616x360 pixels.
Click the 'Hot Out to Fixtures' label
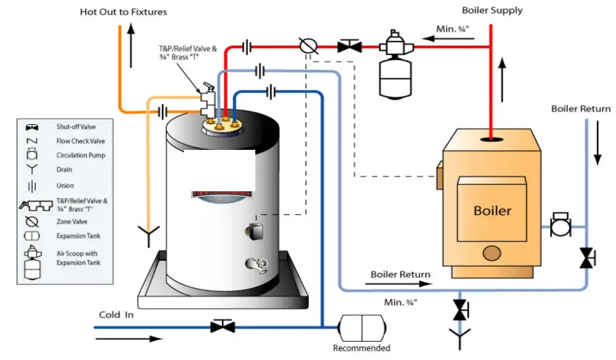tap(123, 12)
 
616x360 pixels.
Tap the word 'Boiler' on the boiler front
tap(492, 211)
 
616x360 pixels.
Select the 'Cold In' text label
tap(116, 315)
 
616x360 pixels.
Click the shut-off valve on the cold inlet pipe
tap(222, 326)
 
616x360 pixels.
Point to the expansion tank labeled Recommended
tap(362, 328)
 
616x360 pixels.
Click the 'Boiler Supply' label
tap(492, 10)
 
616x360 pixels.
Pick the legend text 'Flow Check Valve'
tap(80, 141)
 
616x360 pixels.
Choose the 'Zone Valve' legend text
tap(71, 222)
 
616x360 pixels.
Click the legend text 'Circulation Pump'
tap(80, 155)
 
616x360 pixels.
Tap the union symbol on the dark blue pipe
tap(271, 92)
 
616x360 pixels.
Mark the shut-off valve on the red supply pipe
tap(349, 46)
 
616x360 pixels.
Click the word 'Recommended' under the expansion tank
tap(361, 348)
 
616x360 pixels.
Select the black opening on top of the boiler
tap(491, 139)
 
